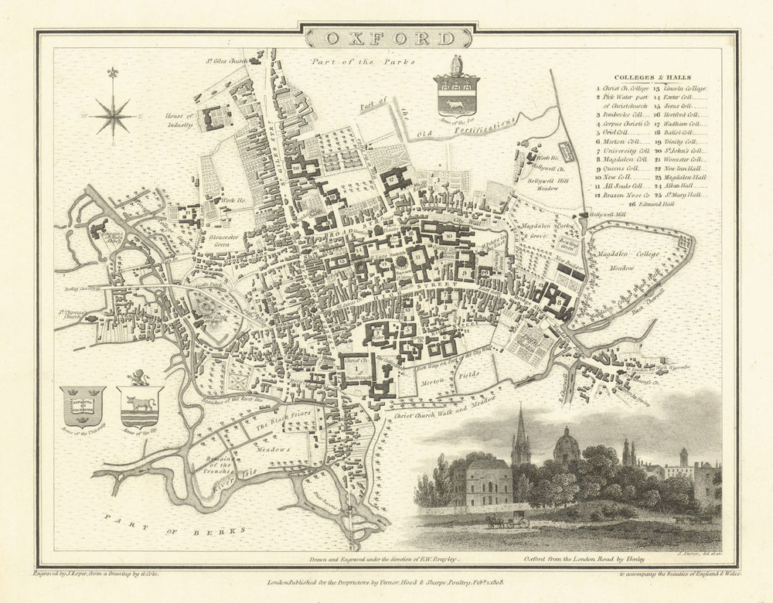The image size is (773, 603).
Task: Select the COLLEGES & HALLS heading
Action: [x=650, y=77]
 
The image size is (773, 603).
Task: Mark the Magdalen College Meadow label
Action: [x=624, y=261]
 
